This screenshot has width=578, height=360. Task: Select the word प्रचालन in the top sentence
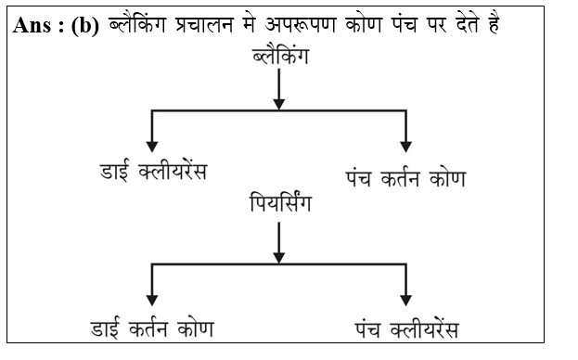pyautogui.click(x=200, y=26)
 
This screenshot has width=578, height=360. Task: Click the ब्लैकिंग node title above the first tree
pyautogui.click(x=279, y=57)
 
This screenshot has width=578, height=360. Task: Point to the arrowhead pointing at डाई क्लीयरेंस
pyautogui.click(x=152, y=146)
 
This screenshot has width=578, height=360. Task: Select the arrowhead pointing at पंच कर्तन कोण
pyautogui.click(x=405, y=146)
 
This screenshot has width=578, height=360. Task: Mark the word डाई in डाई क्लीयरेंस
pyautogui.click(x=115, y=174)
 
